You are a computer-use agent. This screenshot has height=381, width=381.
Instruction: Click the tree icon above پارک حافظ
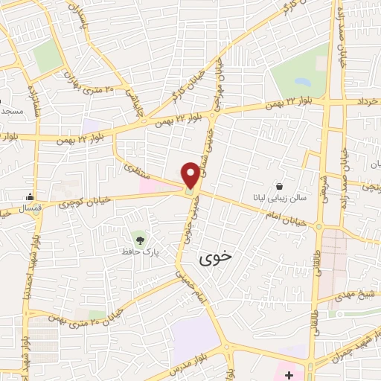139,240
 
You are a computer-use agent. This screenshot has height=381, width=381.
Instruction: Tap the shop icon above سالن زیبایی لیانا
279,186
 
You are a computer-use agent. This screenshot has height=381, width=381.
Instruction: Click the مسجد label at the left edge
10,111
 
